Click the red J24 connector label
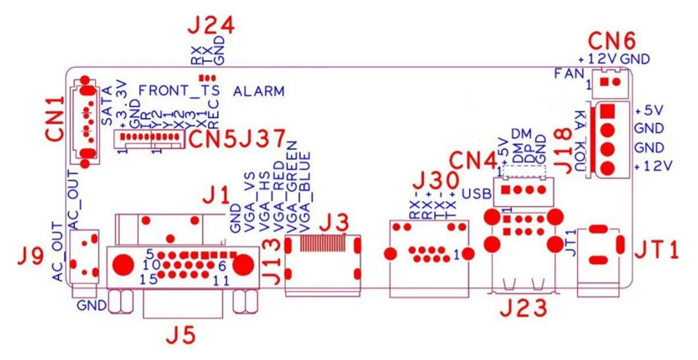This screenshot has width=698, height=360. coord(211,28)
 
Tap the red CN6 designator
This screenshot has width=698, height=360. coord(611,39)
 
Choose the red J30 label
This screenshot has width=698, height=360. coord(435,180)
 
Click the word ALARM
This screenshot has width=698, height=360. coord(259,92)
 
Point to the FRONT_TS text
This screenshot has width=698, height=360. coord(178,92)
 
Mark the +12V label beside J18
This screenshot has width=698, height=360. coord(654,167)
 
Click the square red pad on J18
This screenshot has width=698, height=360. coord(609,111)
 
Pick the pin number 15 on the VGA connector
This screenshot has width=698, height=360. coord(148,279)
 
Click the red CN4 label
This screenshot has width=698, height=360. coord(471,159)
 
